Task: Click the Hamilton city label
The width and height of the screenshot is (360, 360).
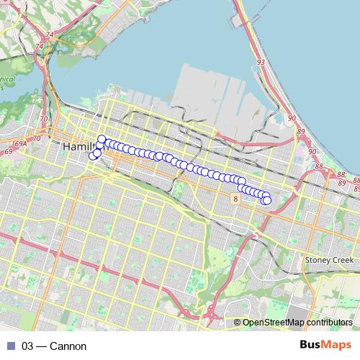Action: click(x=78, y=146)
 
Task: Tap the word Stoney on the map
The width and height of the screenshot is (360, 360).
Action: click(x=316, y=259)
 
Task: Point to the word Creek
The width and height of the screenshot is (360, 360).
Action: click(x=342, y=259)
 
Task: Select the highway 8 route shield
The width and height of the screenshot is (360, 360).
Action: click(x=235, y=197)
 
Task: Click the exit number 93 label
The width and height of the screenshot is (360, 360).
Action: click(x=260, y=63)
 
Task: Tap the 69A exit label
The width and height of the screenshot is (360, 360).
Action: click(x=21, y=144)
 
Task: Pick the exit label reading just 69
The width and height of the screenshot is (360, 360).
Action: click(x=8, y=152)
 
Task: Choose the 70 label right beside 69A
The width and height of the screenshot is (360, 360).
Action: click(x=37, y=138)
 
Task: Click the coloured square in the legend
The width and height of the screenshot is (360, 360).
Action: click(x=9, y=346)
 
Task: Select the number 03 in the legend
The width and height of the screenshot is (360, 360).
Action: click(x=28, y=346)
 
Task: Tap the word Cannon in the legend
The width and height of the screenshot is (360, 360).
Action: click(x=69, y=346)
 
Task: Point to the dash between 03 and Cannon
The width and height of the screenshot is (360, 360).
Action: click(x=42, y=346)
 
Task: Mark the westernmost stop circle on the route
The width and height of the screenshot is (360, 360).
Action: click(x=92, y=156)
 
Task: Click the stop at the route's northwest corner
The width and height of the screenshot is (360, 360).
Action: click(x=102, y=139)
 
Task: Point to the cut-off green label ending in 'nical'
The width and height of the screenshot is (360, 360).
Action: click(x=7, y=81)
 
